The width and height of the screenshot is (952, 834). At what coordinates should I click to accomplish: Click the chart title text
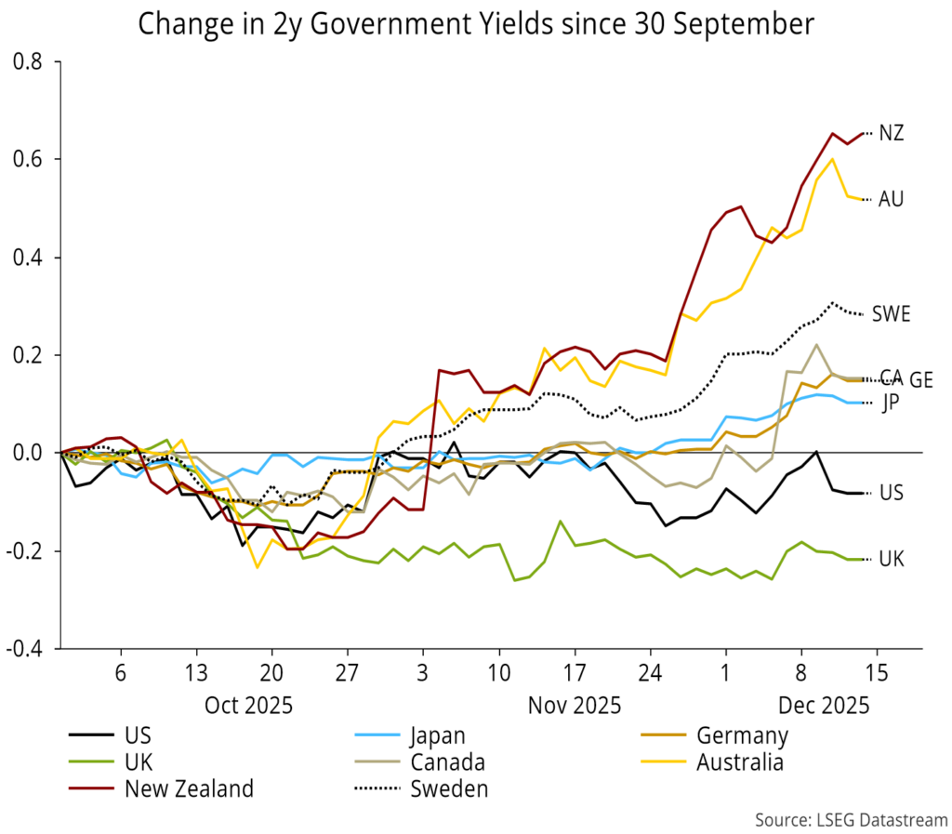(475, 24)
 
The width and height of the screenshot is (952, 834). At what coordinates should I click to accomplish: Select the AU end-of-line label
(891, 199)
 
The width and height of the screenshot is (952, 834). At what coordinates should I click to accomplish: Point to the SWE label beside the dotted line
(891, 313)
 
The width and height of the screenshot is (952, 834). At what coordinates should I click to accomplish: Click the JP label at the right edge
(890, 403)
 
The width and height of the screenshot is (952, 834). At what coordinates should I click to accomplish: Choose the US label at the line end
(892, 493)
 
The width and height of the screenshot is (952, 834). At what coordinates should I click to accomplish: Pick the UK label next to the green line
(892, 559)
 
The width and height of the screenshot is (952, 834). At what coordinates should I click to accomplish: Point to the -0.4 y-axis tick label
(27, 649)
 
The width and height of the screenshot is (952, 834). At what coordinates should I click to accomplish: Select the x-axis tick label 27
(346, 672)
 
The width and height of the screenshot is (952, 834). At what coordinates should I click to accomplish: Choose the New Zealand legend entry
(189, 789)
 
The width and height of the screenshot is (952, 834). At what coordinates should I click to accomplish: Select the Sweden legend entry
(449, 789)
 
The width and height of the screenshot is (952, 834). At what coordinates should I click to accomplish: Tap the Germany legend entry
(742, 736)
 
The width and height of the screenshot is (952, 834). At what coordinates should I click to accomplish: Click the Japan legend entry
(445, 736)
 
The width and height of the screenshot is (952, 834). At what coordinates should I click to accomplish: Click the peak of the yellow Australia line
(832, 158)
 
